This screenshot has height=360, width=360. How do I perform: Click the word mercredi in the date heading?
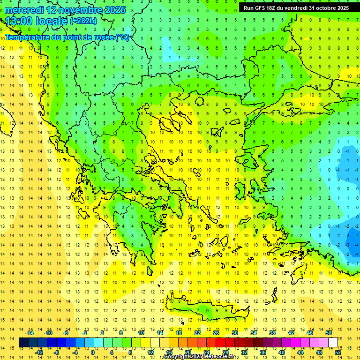click(25, 10)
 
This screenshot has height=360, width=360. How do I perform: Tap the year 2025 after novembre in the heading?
click(113, 10)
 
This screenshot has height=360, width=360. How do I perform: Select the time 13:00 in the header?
click(20, 21)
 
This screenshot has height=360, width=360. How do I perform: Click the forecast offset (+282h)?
click(83, 21)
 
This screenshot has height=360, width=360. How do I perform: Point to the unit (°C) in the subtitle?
click(122, 37)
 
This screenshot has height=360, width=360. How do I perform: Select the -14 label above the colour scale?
click(30, 333)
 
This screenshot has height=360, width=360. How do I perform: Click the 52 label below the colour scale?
click(338, 352)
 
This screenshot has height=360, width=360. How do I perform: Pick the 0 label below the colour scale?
click(93, 352)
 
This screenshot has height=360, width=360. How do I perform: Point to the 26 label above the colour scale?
click(216, 333)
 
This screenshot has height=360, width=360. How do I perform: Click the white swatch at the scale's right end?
click(333, 343)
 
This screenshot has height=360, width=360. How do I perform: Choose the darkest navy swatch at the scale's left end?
click(23, 343)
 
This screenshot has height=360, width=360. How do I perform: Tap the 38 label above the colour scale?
click(272, 333)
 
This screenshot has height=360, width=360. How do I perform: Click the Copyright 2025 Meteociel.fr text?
click(199, 357)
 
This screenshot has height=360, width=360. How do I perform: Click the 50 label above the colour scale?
click(329, 333)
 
